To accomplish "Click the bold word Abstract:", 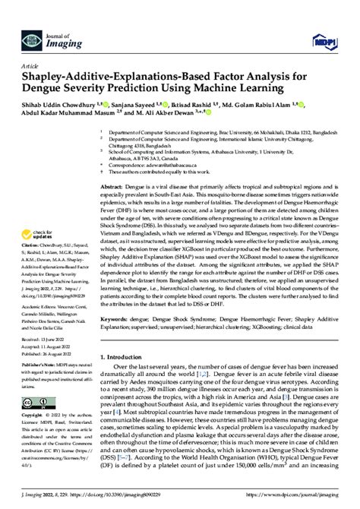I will [112, 187].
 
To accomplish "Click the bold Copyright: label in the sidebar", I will [33, 417].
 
